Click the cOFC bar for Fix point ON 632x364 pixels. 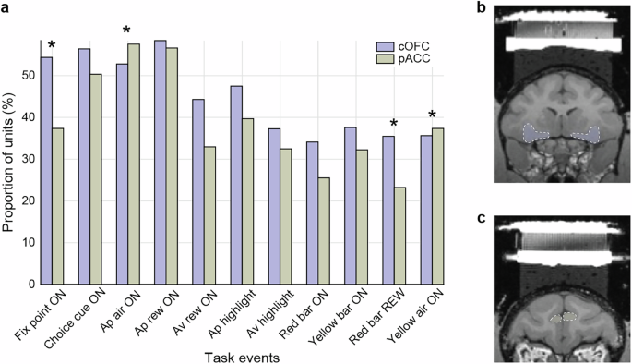tap(46, 171)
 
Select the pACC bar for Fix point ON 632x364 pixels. tap(58, 206)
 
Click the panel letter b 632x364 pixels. tap(483, 8)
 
